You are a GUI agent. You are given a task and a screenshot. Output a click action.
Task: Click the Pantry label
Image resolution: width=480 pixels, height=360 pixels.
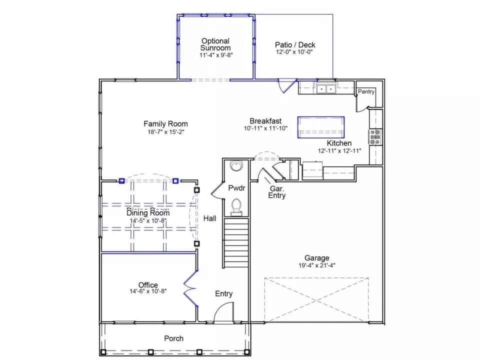[x=366, y=91]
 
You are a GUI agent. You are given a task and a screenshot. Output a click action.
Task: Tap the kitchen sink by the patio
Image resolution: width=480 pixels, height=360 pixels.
[x=326, y=89]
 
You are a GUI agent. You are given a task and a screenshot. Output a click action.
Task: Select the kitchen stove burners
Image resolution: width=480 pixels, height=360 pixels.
[x=375, y=137]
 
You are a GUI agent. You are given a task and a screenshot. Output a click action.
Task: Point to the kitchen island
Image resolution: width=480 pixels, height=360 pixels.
[x=321, y=127]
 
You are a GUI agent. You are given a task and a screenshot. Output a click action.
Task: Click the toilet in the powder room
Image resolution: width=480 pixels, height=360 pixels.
[x=236, y=206]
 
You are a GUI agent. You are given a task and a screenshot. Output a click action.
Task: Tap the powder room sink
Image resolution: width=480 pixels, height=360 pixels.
[x=236, y=165]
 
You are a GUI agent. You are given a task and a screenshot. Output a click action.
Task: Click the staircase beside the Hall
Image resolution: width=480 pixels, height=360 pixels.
[x=236, y=242]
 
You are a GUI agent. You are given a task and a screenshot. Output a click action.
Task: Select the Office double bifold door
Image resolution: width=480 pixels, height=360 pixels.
[x=190, y=288]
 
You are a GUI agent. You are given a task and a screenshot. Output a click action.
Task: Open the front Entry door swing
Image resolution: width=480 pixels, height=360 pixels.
[x=224, y=312]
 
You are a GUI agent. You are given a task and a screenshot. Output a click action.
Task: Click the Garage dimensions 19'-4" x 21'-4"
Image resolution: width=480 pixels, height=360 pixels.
[x=317, y=265]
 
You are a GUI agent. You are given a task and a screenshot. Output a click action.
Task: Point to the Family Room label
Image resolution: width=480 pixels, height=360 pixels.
[x=165, y=123]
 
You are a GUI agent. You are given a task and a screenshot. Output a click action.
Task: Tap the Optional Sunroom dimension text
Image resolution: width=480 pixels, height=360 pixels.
[x=216, y=55]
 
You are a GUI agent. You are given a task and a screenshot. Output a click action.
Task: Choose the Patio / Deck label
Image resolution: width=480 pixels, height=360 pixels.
[x=295, y=44]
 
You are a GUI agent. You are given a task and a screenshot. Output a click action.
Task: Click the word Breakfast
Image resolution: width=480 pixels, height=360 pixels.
[x=265, y=121]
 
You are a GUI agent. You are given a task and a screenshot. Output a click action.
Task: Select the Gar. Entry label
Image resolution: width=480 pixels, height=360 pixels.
[x=276, y=192]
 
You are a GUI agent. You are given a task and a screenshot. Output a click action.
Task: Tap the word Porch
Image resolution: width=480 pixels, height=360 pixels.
[x=173, y=338]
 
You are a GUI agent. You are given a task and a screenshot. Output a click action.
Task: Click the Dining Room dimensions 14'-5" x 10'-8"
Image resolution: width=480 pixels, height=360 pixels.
[x=148, y=220]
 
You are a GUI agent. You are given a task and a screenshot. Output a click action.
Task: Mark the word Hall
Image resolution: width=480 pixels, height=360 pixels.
[x=209, y=218]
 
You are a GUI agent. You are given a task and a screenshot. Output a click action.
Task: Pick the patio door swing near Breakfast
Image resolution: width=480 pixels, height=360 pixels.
[x=286, y=86]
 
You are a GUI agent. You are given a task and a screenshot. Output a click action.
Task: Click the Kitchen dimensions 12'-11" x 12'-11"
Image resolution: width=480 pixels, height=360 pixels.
[x=339, y=150]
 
